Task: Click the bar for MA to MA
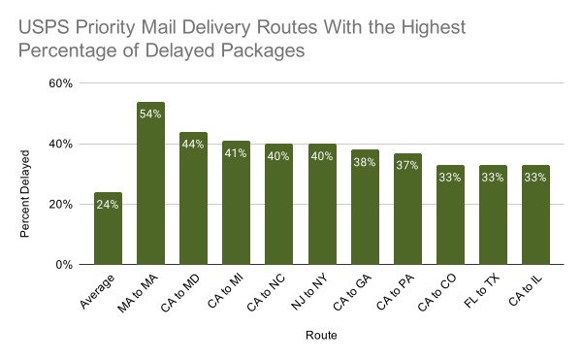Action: pyautogui.click(x=150, y=183)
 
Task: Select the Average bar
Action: pyautogui.click(x=108, y=228)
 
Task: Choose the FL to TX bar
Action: pyautogui.click(x=492, y=214)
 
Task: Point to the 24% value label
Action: pyautogui.click(x=108, y=205)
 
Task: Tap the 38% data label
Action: pyautogui.click(x=364, y=163)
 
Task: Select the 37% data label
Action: pyautogui.click(x=406, y=166)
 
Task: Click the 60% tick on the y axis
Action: pyautogui.click(x=61, y=84)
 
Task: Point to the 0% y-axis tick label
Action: pyautogui.click(x=64, y=265)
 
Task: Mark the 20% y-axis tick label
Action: pyautogui.click(x=61, y=205)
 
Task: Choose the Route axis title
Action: pyautogui.click(x=321, y=336)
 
